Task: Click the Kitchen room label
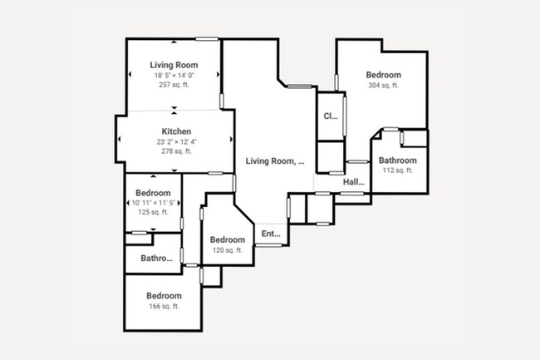176,131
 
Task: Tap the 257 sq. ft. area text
174,85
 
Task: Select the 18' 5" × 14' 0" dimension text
174,76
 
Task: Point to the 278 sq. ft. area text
176,151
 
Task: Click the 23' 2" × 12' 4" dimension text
176,142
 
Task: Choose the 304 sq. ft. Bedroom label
383,75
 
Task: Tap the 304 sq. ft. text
383,85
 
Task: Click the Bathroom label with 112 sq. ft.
397,160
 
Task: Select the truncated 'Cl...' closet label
330,116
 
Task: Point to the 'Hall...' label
354,182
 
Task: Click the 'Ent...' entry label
272,234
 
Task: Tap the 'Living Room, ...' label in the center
275,162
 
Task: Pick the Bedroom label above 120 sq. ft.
227,240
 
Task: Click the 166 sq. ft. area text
164,306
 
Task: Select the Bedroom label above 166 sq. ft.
164,296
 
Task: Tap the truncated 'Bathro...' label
157,259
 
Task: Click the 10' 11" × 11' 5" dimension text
153,203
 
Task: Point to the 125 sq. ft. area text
153,212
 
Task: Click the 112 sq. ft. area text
397,170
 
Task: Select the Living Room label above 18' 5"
174,65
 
